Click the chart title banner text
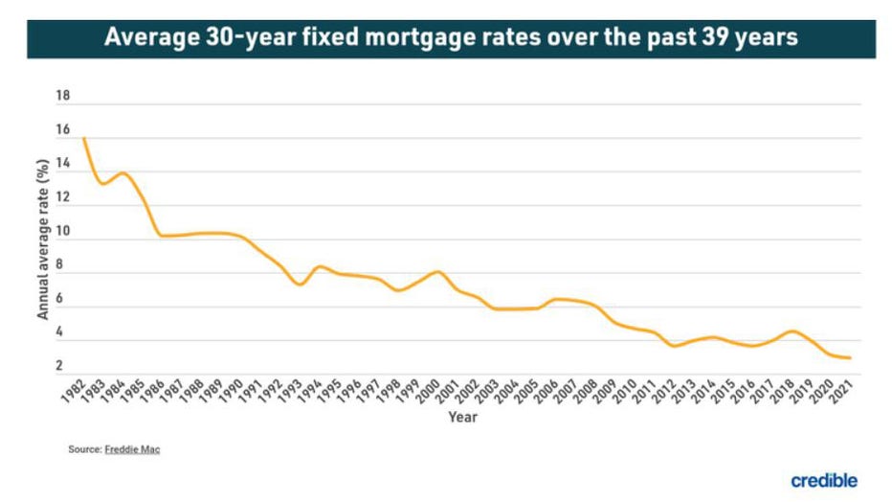point(451,37)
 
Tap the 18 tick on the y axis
point(64,97)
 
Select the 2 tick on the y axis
point(59,366)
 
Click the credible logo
point(824,480)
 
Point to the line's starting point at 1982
point(84,139)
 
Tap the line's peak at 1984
point(123,173)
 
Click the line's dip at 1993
point(300,285)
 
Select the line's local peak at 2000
point(438,272)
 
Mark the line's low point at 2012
point(675,346)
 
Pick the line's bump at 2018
point(792,331)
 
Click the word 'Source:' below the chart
point(85,448)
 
